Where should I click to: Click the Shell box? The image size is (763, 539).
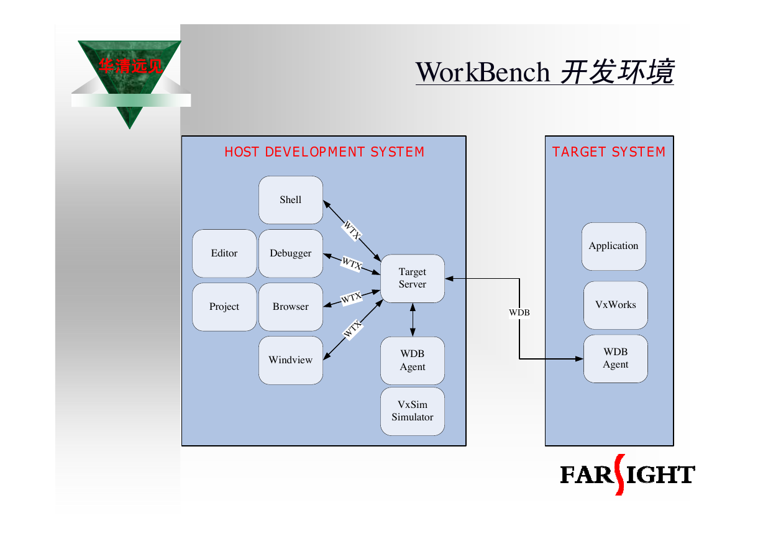pos(291,200)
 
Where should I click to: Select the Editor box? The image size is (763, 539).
pos(224,253)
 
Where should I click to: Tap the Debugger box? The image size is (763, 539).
pos(291,253)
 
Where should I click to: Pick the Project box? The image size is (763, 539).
pos(224,307)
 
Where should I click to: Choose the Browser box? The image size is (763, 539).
pos(291,307)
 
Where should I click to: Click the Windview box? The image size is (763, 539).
pos(291,360)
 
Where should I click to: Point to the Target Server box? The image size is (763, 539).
pos(413,278)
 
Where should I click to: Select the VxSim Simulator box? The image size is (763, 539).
pos(413,411)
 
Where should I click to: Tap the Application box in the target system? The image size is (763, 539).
pos(613,246)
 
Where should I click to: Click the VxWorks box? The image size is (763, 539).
pos(616,305)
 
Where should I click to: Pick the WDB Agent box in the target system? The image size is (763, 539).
pos(616,358)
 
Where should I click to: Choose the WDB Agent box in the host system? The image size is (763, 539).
pos(413,360)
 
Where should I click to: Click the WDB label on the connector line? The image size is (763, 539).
pos(519,312)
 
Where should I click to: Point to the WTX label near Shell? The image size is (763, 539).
pos(352,230)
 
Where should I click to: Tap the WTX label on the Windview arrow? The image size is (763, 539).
pos(352,329)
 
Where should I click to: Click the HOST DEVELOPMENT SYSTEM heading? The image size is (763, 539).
pos(324,152)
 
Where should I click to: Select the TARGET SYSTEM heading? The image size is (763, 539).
pos(609,152)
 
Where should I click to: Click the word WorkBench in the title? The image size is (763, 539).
pos(482,72)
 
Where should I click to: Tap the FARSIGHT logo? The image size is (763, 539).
pos(628,474)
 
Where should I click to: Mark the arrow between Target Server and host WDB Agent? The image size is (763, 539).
pos(413,320)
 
